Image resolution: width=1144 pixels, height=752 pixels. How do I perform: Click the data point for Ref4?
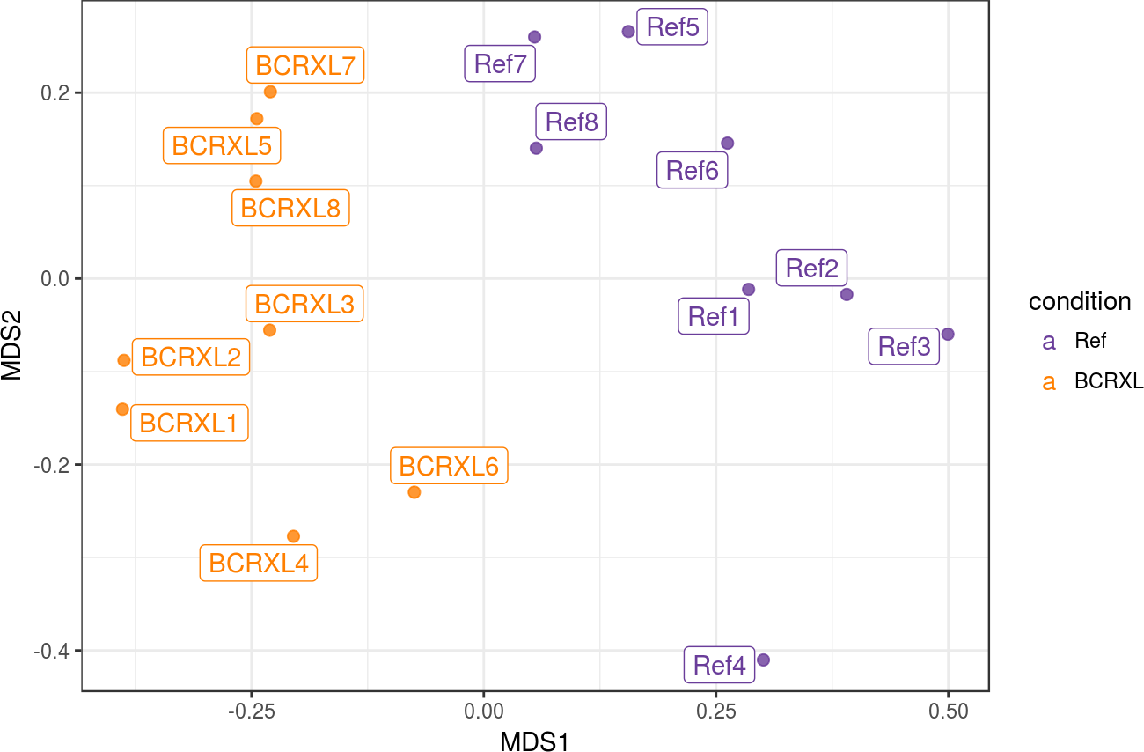click(x=763, y=660)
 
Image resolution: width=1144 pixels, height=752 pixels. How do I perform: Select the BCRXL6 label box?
click(x=449, y=466)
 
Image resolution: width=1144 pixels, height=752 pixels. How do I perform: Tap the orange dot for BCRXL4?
click(x=293, y=536)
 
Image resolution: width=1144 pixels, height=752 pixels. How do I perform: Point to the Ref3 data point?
click(x=948, y=335)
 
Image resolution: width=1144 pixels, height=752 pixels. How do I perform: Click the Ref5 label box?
click(x=672, y=28)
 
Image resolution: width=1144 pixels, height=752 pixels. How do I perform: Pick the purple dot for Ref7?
click(x=534, y=37)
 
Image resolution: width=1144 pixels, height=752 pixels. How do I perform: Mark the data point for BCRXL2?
click(x=124, y=360)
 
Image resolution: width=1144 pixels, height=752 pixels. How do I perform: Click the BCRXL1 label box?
click(x=189, y=424)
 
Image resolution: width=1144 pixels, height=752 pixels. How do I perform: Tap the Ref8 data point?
click(x=536, y=148)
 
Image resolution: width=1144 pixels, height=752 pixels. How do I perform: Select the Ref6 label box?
click(x=693, y=171)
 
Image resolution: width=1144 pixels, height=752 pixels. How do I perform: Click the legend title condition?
click(x=1080, y=301)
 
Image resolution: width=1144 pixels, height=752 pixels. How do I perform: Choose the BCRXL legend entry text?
click(x=1109, y=382)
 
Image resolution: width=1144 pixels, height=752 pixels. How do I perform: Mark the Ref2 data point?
click(x=847, y=294)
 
